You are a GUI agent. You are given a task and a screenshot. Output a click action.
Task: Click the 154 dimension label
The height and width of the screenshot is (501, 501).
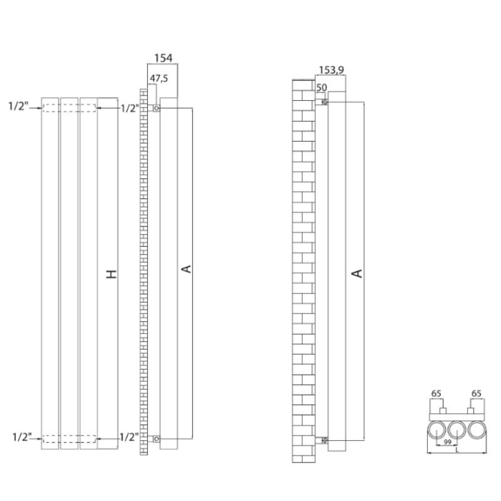[164, 58]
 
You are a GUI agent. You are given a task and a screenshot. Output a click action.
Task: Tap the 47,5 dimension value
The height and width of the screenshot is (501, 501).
[159, 78]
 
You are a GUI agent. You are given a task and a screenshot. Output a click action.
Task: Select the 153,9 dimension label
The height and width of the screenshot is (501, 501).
[331, 70]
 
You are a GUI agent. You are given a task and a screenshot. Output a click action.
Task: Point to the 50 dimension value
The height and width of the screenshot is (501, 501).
[322, 87]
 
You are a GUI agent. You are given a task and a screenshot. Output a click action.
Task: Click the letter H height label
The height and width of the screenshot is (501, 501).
[111, 274]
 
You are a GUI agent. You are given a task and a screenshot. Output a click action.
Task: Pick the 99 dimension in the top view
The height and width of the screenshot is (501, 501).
[447, 442]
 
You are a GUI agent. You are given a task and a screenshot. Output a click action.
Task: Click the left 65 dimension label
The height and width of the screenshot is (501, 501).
[436, 393]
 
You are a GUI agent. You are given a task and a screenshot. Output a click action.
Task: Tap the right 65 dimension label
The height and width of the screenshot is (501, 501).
[476, 393]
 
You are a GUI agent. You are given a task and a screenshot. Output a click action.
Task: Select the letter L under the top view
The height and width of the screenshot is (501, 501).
[458, 450]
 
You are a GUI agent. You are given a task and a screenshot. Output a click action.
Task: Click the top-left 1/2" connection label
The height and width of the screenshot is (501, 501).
[18, 106]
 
